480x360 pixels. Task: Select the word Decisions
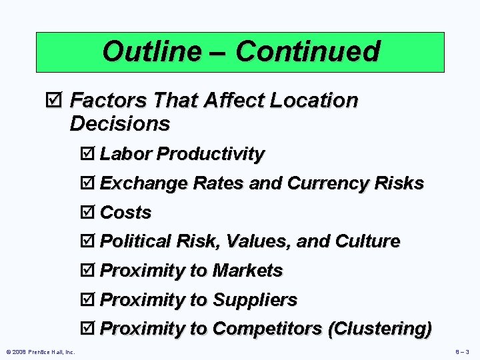(x=120, y=123)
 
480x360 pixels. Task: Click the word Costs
(x=125, y=213)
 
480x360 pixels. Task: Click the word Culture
(x=368, y=241)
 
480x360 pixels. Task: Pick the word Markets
(x=247, y=271)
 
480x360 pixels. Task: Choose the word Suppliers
(x=255, y=300)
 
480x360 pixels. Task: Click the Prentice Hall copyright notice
(x=40, y=351)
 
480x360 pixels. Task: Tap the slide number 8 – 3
(x=463, y=351)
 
